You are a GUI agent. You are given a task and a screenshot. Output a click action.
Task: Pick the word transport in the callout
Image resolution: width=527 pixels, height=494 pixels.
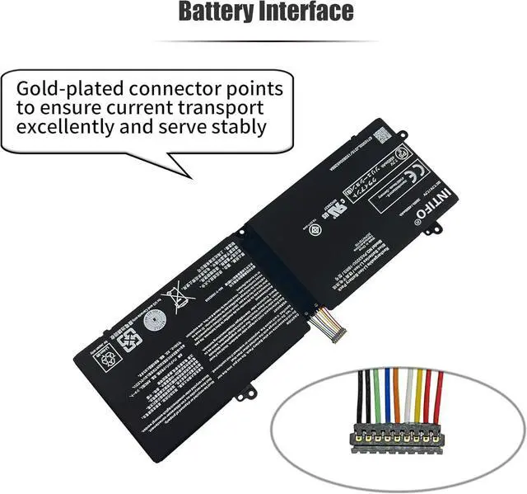click(x=226, y=108)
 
